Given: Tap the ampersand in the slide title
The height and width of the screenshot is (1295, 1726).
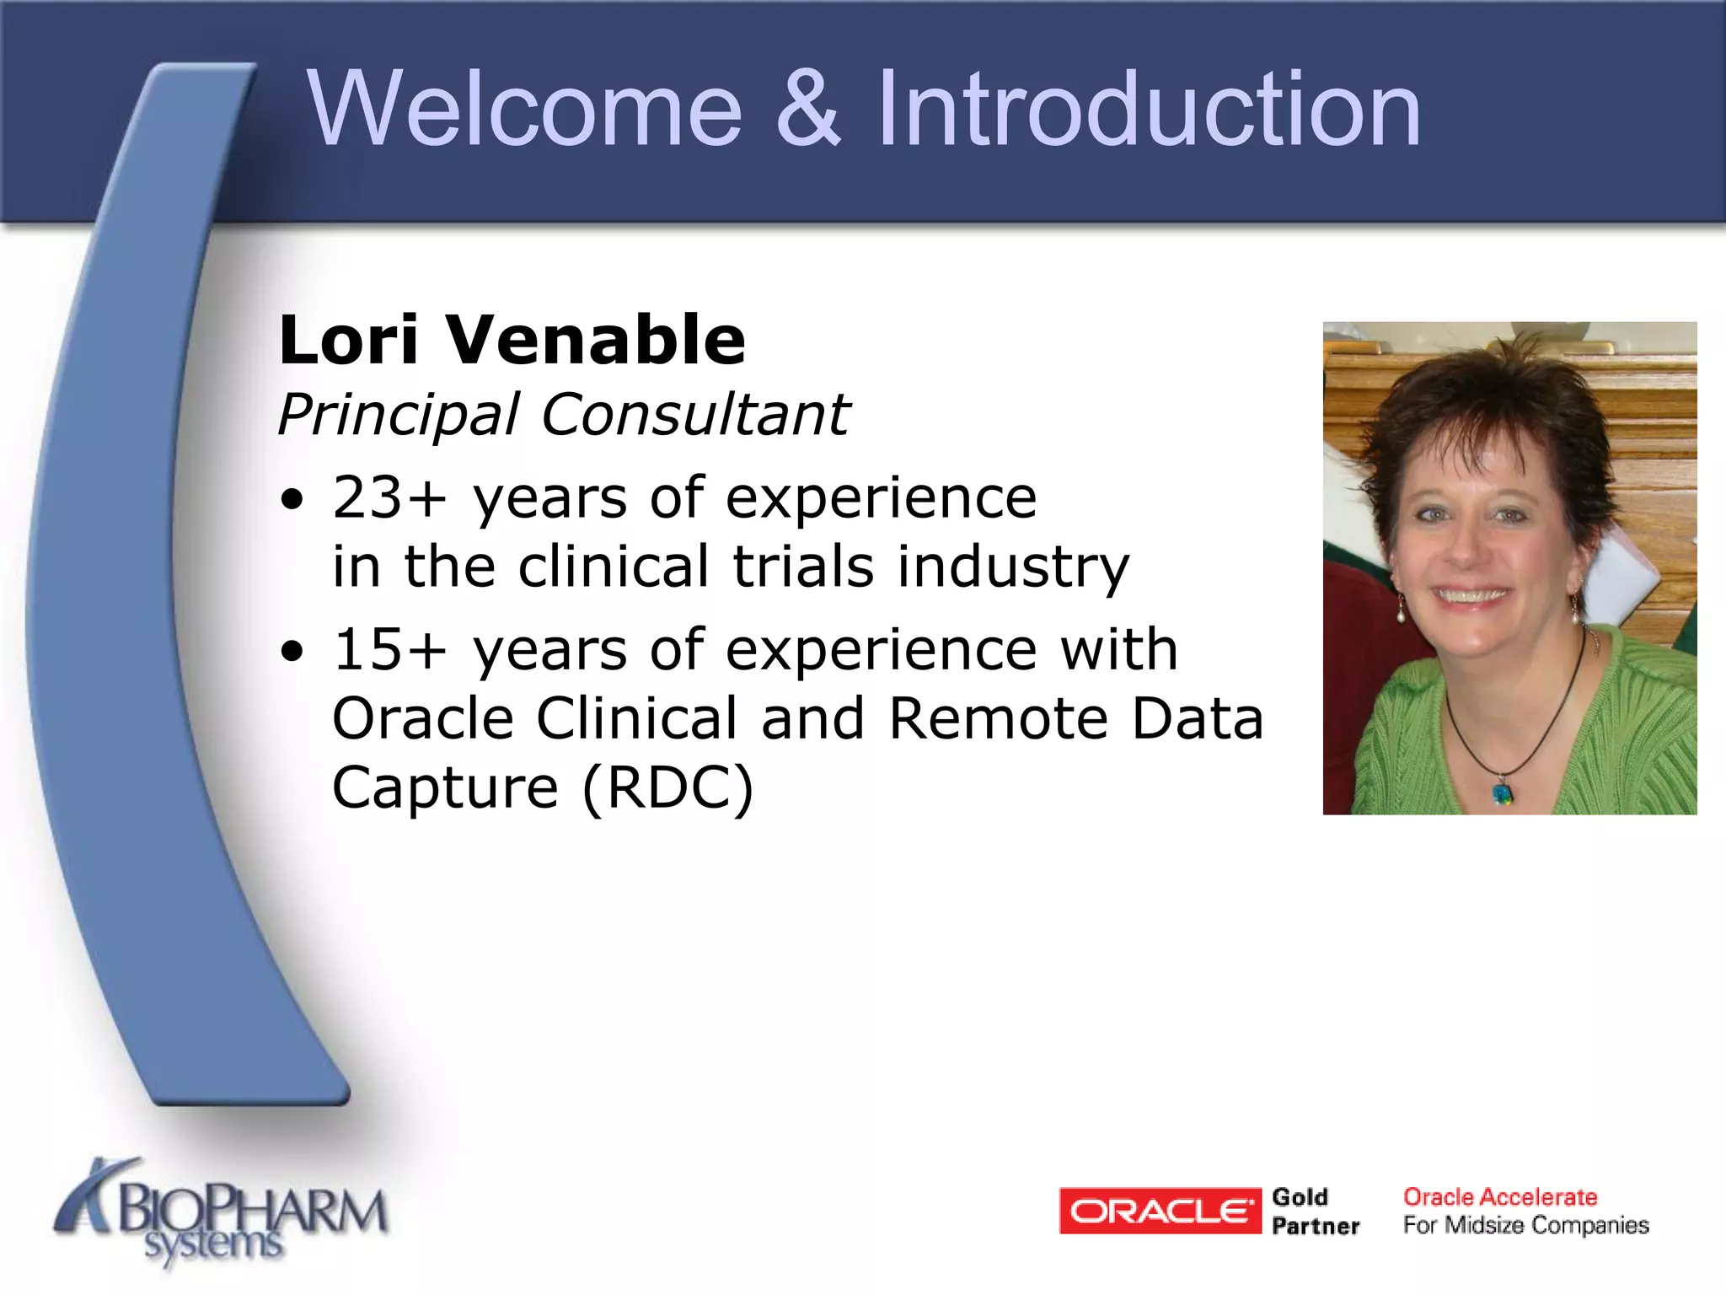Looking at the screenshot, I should [807, 110].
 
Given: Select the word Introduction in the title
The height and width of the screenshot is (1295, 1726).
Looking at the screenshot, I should [1148, 110].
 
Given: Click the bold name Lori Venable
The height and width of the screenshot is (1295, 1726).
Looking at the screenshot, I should [512, 340].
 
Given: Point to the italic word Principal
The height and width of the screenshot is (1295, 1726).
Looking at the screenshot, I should [399, 416].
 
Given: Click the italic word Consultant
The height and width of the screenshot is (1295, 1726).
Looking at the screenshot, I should [695, 416].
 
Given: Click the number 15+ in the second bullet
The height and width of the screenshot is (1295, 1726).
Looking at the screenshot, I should [389, 650].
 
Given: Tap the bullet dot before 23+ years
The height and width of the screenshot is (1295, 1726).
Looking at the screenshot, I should [292, 501].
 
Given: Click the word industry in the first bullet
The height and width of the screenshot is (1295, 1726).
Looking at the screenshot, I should [1012, 567].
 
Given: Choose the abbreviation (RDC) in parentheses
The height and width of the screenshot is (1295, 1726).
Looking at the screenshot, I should [667, 788].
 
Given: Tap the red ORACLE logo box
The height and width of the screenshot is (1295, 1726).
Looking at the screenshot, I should [1160, 1211].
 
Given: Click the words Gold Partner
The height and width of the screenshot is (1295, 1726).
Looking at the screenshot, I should [1315, 1211].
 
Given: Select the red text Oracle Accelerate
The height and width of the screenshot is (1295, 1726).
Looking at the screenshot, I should [1500, 1196].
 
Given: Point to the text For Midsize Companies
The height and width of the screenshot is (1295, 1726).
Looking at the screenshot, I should [1525, 1225].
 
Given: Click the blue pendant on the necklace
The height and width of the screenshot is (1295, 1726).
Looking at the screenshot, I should [1503, 793].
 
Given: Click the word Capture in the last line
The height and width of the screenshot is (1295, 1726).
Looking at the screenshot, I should [445, 788].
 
